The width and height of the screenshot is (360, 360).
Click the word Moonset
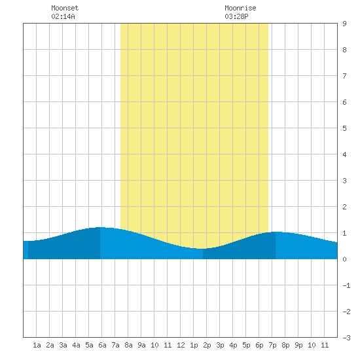pos(65,8)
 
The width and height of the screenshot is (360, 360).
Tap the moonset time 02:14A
pos(63,16)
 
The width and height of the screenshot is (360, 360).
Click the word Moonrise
pos(240,8)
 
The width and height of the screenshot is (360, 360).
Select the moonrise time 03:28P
pos(236,16)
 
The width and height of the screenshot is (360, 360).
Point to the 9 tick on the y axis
pos(344,24)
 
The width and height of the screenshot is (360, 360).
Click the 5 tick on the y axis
pos(344,128)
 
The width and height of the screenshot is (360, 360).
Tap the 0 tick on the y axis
pos(344,259)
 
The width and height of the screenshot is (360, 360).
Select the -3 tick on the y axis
pos(346,338)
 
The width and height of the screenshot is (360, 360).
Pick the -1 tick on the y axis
pos(346,285)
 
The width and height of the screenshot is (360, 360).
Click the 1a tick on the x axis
pos(37,345)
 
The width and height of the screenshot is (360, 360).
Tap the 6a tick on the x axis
pos(102,345)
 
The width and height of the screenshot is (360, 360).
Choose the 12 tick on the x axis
pos(181,345)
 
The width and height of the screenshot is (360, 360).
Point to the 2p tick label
pos(207,345)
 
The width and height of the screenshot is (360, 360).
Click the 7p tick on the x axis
pos(272,345)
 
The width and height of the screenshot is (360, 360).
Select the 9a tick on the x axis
pos(141,345)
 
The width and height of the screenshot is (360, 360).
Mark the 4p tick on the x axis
pos(233,345)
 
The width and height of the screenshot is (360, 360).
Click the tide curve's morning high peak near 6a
pos(100,227)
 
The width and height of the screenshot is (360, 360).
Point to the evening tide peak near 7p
pos(276,232)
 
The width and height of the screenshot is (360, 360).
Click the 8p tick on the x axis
pos(285,345)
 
